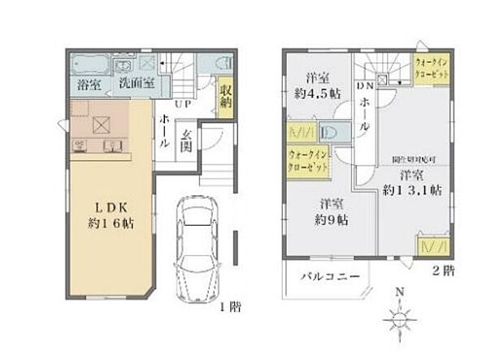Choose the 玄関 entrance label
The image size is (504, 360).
pos(185,141)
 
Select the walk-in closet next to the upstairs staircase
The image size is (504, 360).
pos(431,68)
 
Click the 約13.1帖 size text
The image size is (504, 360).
pos(412,191)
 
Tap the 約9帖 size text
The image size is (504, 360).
pos(333,219)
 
